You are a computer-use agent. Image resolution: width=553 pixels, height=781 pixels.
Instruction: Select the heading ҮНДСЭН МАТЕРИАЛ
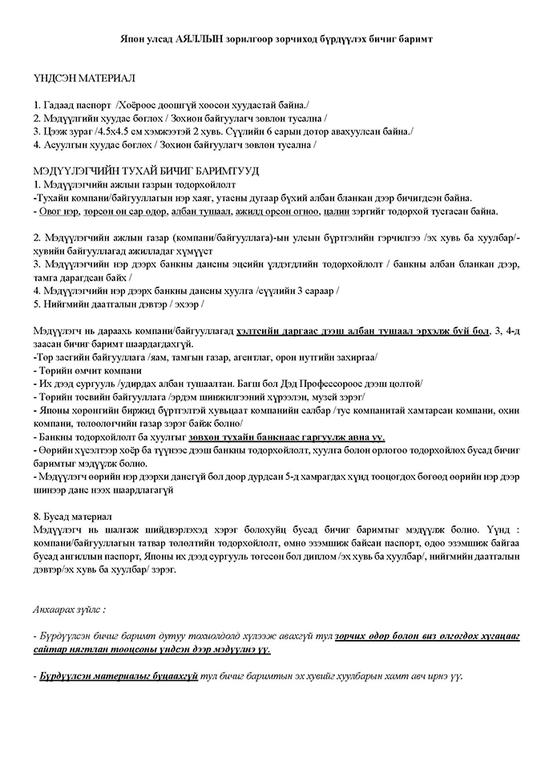point(85,79)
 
